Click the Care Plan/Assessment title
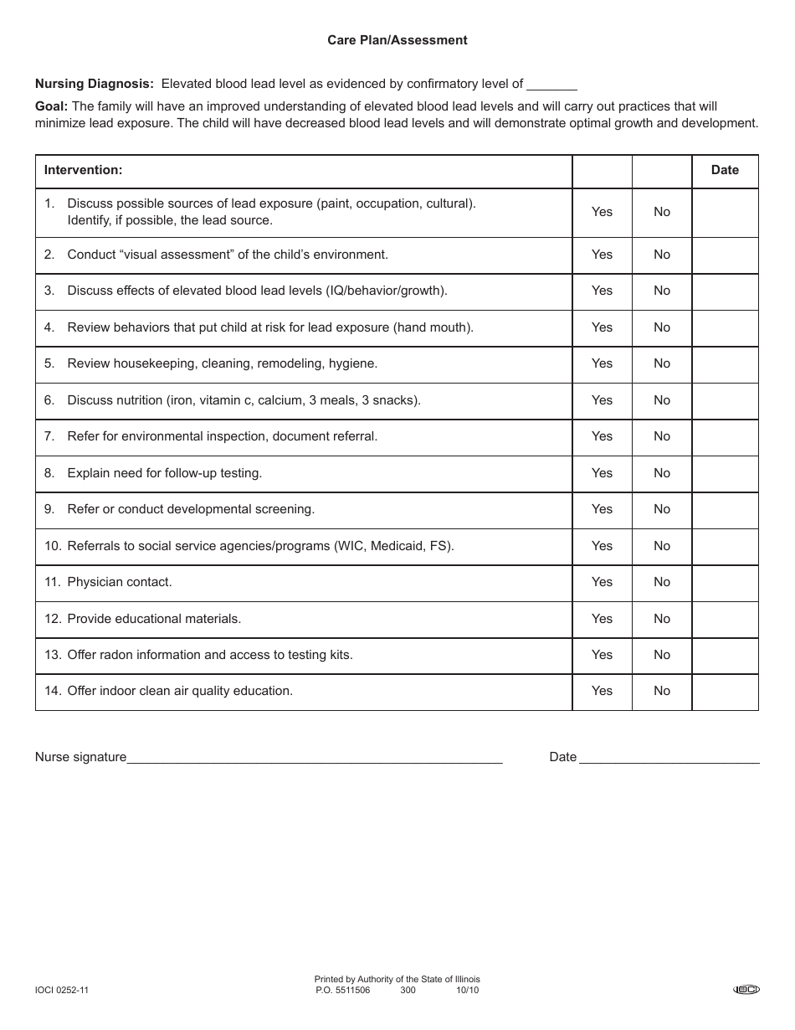click(x=397, y=40)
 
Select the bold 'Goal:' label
click(x=51, y=106)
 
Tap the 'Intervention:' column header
click(x=83, y=170)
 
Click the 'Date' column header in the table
click(x=725, y=170)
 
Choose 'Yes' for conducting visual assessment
click(x=602, y=255)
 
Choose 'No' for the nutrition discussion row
click(x=662, y=400)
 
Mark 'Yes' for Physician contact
click(x=602, y=582)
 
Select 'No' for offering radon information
click(x=662, y=655)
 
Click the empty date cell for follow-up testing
click(x=725, y=473)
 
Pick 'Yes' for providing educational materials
click(x=602, y=619)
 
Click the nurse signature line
click(x=314, y=757)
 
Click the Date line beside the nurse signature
click(x=669, y=757)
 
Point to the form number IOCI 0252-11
click(x=62, y=991)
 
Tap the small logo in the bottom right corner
click(x=746, y=990)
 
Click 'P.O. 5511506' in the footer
click(x=343, y=991)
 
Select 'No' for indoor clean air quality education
click(x=662, y=691)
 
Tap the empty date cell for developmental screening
click(x=725, y=509)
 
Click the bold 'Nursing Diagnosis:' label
click(x=95, y=84)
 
